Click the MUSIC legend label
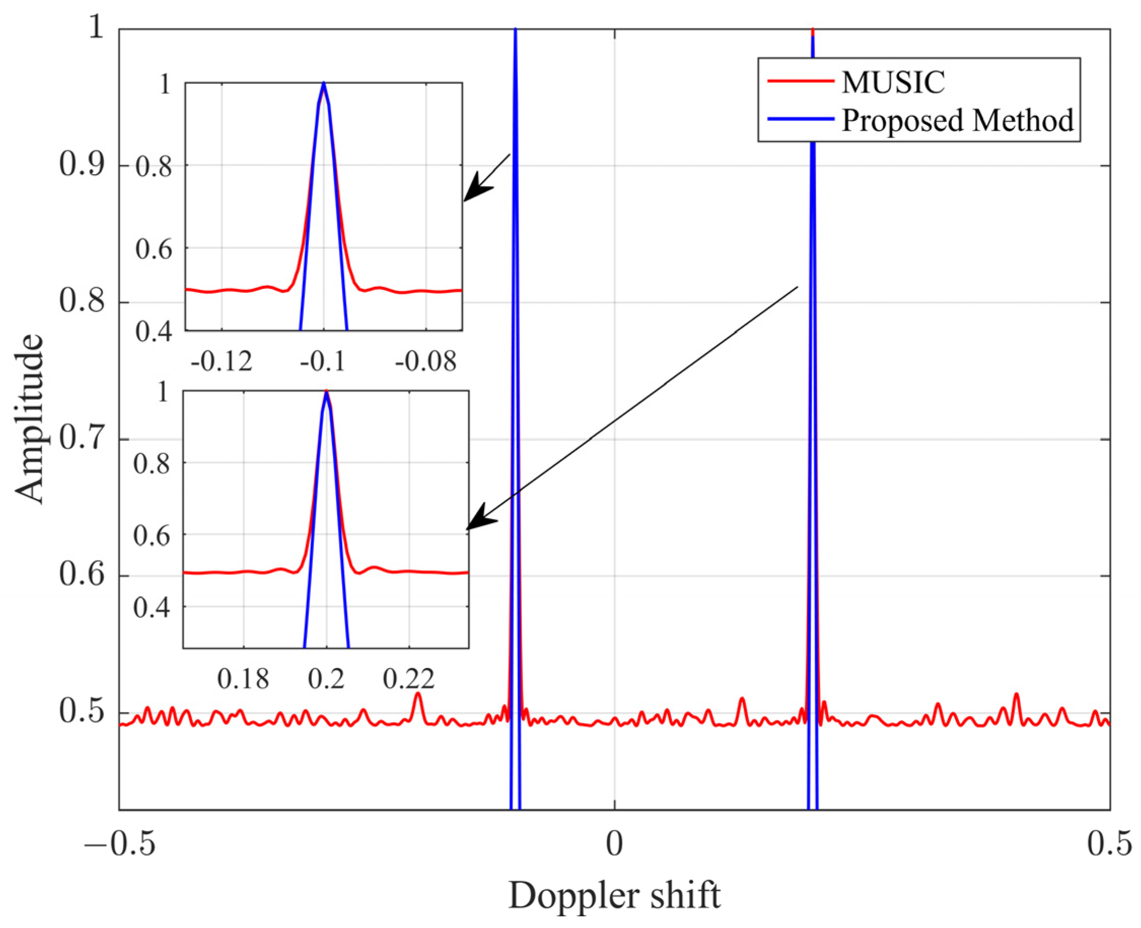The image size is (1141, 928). click(x=892, y=82)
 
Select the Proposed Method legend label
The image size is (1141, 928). click(x=957, y=120)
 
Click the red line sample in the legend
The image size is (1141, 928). click(x=800, y=81)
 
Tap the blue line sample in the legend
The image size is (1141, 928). click(x=800, y=119)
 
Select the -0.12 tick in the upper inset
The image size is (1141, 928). click(x=222, y=362)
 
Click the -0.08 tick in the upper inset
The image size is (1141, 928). click(x=426, y=362)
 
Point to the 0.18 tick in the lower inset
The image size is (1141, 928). click(x=243, y=679)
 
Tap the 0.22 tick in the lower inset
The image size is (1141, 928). click(x=409, y=679)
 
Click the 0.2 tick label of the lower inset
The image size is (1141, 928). click(x=326, y=679)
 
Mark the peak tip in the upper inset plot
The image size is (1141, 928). click(x=324, y=83)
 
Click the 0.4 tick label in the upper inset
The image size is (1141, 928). click(x=153, y=332)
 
